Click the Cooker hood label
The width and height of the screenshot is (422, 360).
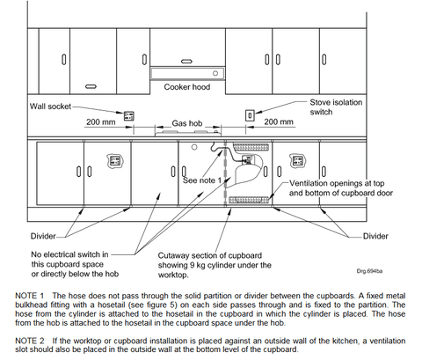point(187,87)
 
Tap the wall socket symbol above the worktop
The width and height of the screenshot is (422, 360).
point(128,115)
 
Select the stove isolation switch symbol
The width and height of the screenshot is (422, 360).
point(250,115)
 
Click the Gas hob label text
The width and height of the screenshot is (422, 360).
point(187,123)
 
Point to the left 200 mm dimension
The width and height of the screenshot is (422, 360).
point(101,121)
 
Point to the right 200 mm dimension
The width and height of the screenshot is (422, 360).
point(279,121)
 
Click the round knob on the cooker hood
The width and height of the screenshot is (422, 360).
point(215,73)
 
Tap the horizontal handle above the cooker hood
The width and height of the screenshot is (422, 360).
point(186,62)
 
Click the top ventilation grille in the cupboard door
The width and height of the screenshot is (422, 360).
point(251,147)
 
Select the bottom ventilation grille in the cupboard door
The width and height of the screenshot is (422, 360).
point(249,200)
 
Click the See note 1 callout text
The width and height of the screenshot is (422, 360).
point(202,180)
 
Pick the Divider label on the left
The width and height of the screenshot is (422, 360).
point(43,236)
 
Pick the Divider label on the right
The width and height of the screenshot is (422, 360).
point(375,236)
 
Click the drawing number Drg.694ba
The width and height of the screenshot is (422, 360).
point(369,271)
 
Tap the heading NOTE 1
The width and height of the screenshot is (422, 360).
point(30,296)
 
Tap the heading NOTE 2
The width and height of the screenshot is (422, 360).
point(30,341)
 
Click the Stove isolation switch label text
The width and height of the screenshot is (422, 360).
point(336,107)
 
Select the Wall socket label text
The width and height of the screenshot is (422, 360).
point(50,107)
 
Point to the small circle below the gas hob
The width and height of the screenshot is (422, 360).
point(194,147)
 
